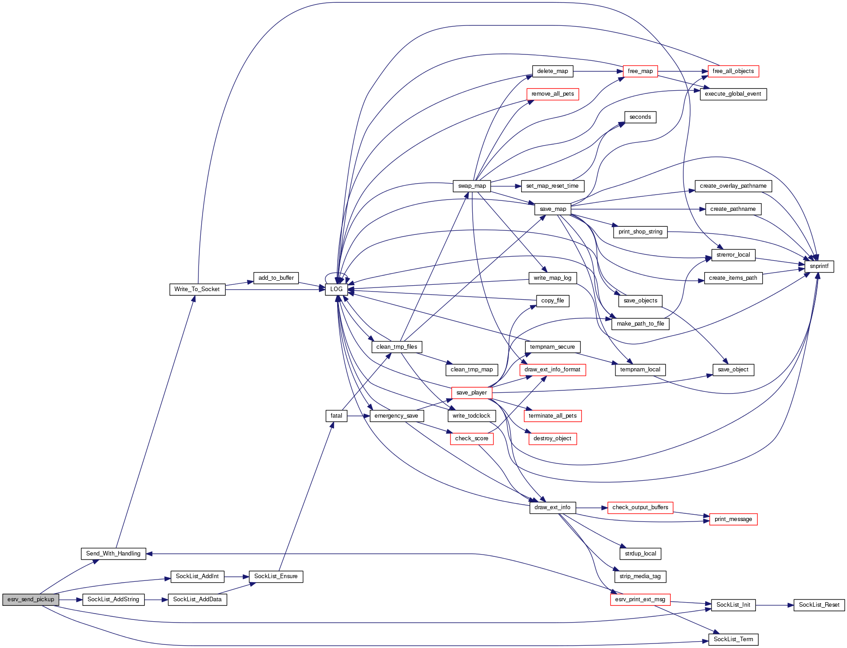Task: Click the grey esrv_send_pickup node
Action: point(30,599)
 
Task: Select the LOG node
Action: point(336,289)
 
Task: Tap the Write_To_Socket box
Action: point(197,289)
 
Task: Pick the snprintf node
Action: point(819,266)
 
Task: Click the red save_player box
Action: point(471,393)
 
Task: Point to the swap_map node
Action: point(471,186)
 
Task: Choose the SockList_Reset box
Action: point(819,605)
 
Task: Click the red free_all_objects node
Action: point(733,71)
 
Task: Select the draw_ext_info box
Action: point(552,507)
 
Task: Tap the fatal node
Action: point(336,416)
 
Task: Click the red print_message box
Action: point(733,519)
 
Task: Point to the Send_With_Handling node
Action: point(113,554)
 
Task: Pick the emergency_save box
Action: point(397,416)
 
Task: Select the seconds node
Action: point(640,117)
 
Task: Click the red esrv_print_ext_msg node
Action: point(640,599)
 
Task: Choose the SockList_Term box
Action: point(733,639)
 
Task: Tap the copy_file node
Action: point(552,301)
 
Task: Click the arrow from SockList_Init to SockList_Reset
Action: point(774,605)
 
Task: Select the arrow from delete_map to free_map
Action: point(598,71)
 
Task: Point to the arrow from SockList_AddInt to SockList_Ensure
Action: point(237,577)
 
